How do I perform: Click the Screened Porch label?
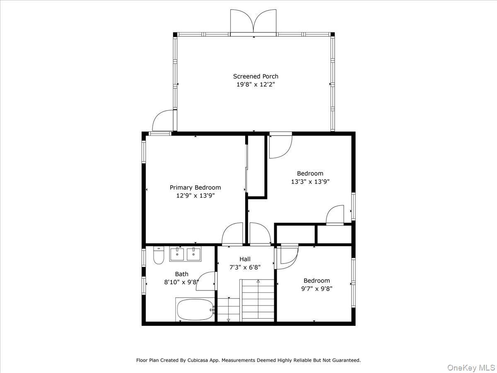[256, 76]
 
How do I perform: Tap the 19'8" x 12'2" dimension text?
[256, 85]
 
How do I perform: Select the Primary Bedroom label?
[195, 187]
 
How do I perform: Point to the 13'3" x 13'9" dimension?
[310, 182]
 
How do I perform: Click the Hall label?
[245, 259]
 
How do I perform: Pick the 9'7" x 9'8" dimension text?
[316, 288]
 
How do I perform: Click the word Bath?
[181, 274]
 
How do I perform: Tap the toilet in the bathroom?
[158, 255]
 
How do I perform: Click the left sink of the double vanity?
[177, 254]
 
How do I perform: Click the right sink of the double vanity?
[193, 254]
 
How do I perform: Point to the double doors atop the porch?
[253, 23]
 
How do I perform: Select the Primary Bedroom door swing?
[233, 234]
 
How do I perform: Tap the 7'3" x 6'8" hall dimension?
[245, 267]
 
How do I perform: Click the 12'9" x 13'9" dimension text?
[195, 195]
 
